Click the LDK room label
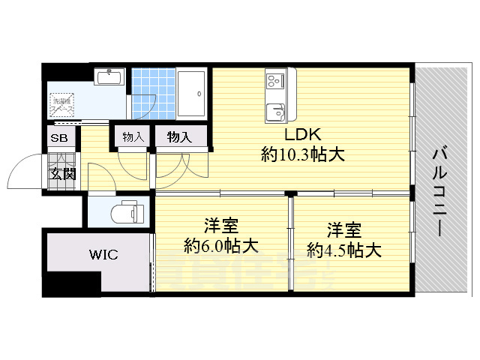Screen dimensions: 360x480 tap(303, 135)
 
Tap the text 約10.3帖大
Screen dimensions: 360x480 tap(303, 155)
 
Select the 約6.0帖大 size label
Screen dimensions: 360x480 tap(221, 245)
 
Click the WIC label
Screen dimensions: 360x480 tap(103, 255)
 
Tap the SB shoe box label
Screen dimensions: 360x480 tap(58, 139)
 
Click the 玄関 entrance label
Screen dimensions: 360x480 tap(62, 173)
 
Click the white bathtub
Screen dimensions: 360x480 tap(193, 94)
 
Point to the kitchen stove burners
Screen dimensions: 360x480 tap(272, 78)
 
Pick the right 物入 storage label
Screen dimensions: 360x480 tap(179, 136)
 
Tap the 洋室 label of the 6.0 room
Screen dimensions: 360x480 tap(221, 225)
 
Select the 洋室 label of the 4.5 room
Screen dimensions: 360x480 tap(343, 229)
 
